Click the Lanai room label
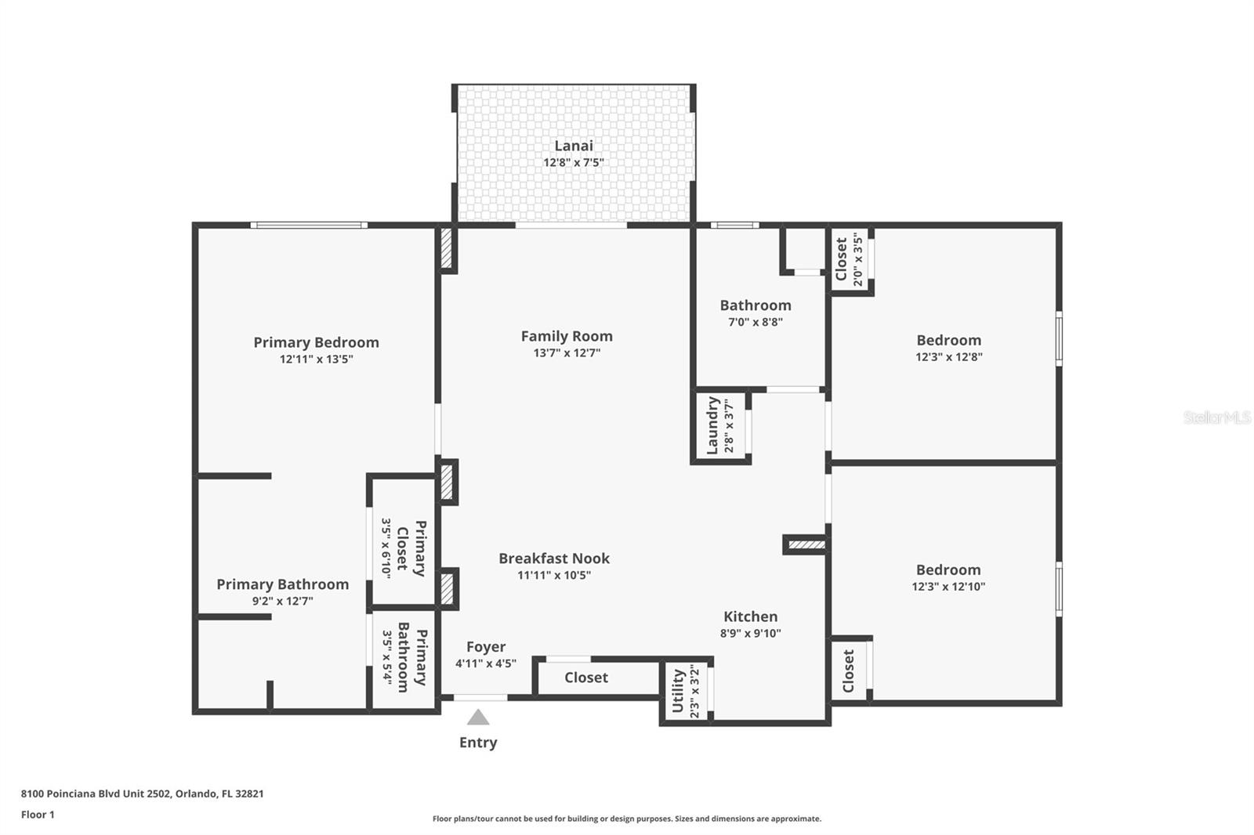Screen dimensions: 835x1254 tap(574, 146)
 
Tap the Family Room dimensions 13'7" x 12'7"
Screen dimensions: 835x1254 tap(567, 353)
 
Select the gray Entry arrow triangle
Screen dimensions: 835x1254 tap(478, 718)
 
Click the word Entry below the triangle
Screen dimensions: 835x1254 tap(478, 743)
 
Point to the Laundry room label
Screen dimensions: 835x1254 tap(712, 425)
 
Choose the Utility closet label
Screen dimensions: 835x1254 tap(678, 690)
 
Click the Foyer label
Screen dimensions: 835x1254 tap(486, 647)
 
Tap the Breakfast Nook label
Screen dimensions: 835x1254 tap(554, 558)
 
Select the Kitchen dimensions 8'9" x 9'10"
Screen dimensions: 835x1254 tap(750, 634)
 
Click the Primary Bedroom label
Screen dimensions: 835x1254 tap(316, 342)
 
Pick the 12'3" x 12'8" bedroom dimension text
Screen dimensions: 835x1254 tap(948, 357)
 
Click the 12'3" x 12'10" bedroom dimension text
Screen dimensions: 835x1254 tap(948, 587)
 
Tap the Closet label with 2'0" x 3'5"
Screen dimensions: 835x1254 tap(842, 259)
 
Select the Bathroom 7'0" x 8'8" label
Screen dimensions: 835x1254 tap(756, 305)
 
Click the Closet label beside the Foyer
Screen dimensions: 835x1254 tap(586, 678)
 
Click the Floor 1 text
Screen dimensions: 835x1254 tap(38, 815)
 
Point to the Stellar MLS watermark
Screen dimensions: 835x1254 tap(1216, 417)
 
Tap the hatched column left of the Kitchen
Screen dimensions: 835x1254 tap(805, 544)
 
